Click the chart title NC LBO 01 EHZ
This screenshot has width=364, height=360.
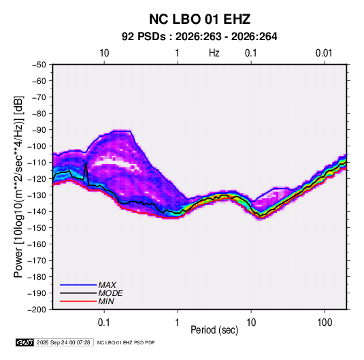coord(199,19)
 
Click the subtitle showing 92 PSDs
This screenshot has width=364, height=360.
coord(199,37)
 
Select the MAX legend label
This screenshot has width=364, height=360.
coord(107,284)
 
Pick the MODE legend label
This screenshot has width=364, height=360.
coord(110,293)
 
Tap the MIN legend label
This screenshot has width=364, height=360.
coord(106,301)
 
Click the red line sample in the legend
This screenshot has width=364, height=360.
coord(78,301)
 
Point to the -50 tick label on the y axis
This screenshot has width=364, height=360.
coord(39,65)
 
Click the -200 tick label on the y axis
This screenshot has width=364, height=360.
coord(37,310)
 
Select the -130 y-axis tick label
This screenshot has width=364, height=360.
coord(37,195)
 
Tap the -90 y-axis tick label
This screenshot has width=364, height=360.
coord(39,130)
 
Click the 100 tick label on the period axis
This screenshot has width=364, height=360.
coord(325,323)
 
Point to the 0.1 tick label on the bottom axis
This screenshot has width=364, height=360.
coord(104,323)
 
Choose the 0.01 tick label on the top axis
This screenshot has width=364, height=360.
coord(324,53)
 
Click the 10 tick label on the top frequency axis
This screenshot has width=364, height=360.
coord(104,53)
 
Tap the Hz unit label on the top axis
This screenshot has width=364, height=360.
coord(214,53)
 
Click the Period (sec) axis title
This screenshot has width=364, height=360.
coord(214,330)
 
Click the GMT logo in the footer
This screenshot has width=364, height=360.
coord(25,342)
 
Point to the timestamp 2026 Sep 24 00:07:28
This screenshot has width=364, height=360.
coord(63,342)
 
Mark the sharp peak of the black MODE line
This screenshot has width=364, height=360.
coord(86,163)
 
